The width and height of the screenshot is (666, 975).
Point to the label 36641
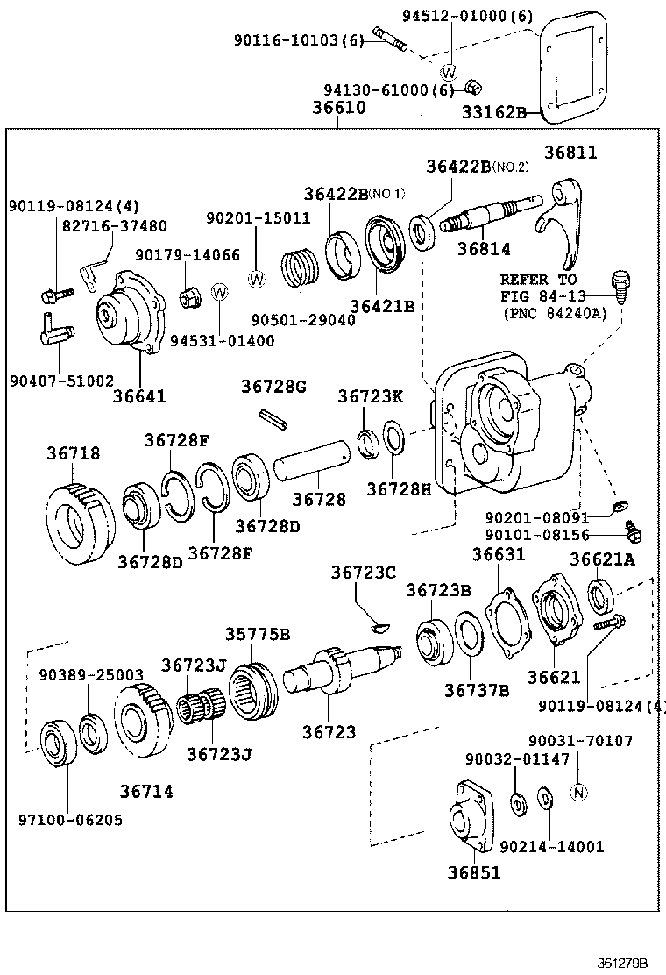(x=139, y=395)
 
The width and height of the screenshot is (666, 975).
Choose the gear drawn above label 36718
(x=80, y=522)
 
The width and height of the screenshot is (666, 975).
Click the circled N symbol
(x=577, y=792)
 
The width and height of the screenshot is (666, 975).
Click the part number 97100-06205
(x=70, y=820)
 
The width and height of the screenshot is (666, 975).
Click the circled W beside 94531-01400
(x=220, y=291)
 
